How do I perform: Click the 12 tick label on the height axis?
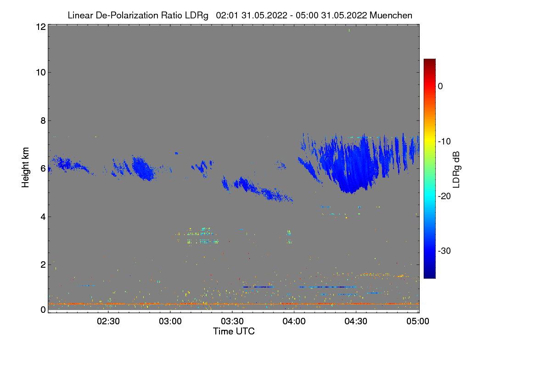[x=40, y=27]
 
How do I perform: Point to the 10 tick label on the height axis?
[x=40, y=73]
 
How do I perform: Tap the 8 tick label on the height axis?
[x=43, y=121]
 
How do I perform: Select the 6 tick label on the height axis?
[x=43, y=169]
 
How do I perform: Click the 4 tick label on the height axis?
[x=43, y=217]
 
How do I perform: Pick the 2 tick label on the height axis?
[x=43, y=264]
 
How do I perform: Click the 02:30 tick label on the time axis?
[x=109, y=322]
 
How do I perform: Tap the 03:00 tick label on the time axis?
[x=171, y=322]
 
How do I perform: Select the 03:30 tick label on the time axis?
[x=233, y=322]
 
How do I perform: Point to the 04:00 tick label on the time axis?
[x=294, y=322]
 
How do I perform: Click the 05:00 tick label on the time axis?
[x=417, y=322]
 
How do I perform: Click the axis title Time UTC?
[x=234, y=331]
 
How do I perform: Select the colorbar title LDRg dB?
[x=456, y=169]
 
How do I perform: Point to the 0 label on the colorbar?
[x=440, y=86]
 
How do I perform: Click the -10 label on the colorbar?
[x=444, y=141]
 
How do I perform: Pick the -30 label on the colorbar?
[x=444, y=251]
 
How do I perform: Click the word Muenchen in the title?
[x=391, y=15]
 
